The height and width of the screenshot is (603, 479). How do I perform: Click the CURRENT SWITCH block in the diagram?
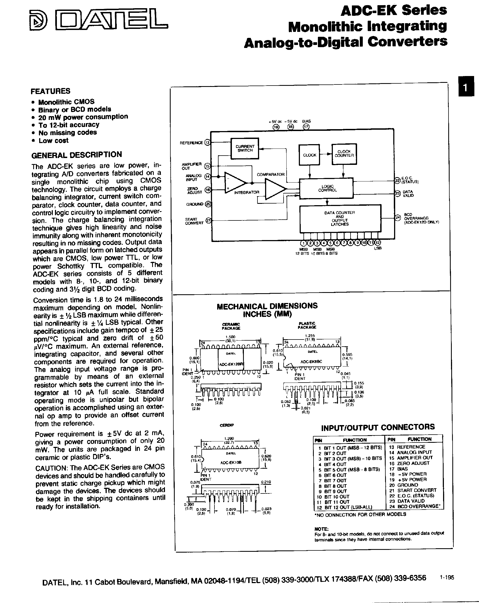tap(245, 148)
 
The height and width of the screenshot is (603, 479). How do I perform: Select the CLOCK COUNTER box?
tap(344, 154)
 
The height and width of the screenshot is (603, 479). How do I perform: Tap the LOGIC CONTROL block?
tap(326, 188)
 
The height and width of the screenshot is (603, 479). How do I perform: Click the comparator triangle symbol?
tap(275, 189)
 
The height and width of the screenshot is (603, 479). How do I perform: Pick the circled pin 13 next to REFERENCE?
tap(207, 142)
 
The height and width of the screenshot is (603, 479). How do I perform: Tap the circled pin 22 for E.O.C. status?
tap(397, 181)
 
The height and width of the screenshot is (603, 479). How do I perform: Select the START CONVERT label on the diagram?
tap(194, 221)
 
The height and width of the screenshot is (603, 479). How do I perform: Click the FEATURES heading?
tap(51, 91)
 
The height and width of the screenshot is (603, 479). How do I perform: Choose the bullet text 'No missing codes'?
tap(67, 132)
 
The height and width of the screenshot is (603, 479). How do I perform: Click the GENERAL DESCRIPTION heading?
tap(76, 155)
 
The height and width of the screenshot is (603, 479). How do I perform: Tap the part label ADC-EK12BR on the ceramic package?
tap(232, 364)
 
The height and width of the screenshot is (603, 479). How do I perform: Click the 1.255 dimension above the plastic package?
tap(310, 336)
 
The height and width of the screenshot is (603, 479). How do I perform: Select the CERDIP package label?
tap(226, 425)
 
